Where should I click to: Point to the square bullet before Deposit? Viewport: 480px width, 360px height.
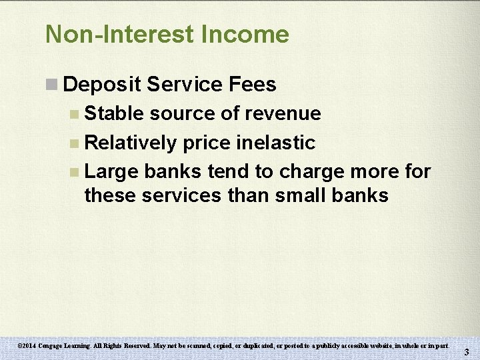(x=51, y=85)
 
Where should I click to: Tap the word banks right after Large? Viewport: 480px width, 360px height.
(x=173, y=172)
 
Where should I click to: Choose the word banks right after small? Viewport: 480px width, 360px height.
(x=365, y=195)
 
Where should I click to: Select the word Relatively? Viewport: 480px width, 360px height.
(x=131, y=143)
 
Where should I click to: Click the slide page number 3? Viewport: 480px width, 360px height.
(x=467, y=352)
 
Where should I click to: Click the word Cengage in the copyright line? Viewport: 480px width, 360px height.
(x=53, y=346)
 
